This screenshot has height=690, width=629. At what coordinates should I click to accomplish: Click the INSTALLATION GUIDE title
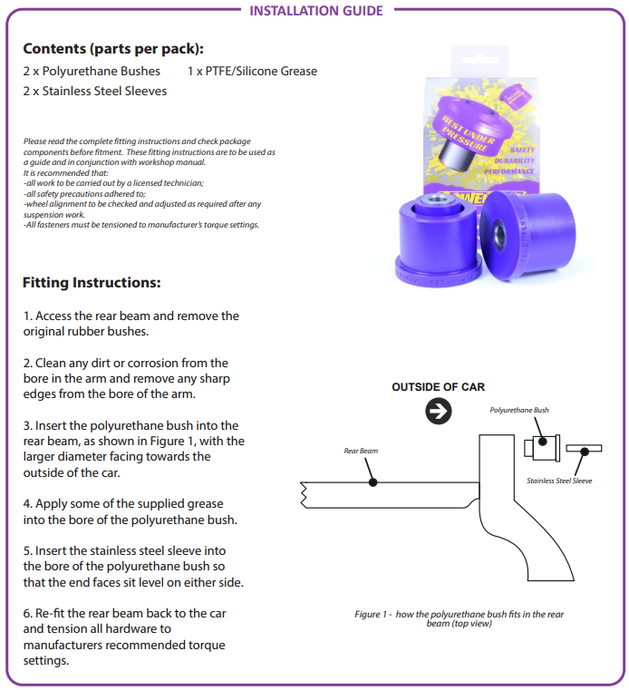point(315,11)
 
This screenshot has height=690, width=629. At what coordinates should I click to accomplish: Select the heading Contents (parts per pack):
point(113,49)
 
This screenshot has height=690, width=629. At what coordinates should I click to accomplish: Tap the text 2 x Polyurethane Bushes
point(92,71)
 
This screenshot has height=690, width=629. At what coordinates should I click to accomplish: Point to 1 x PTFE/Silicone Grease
point(252,71)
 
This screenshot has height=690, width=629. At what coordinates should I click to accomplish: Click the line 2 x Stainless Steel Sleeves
point(95,91)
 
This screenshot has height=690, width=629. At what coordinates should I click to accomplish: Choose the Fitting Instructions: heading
point(92,283)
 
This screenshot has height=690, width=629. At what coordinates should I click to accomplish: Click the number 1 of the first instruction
point(26,316)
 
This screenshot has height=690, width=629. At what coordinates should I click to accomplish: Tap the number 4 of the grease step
point(27,504)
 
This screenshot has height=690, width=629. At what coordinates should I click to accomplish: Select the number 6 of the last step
point(27,613)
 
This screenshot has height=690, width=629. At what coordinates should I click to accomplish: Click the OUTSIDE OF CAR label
point(438,387)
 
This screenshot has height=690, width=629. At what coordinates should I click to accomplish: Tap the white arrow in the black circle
point(439,412)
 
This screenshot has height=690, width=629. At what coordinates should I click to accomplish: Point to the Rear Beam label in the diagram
point(361,450)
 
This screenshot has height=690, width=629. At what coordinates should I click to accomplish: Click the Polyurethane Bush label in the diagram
point(519,410)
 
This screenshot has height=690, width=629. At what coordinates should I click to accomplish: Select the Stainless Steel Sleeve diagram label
point(559,481)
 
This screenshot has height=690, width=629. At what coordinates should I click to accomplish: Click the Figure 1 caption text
point(459,618)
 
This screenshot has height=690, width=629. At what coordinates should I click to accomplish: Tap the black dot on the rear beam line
point(373,482)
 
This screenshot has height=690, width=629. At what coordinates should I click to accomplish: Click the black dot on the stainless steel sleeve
point(585,448)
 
